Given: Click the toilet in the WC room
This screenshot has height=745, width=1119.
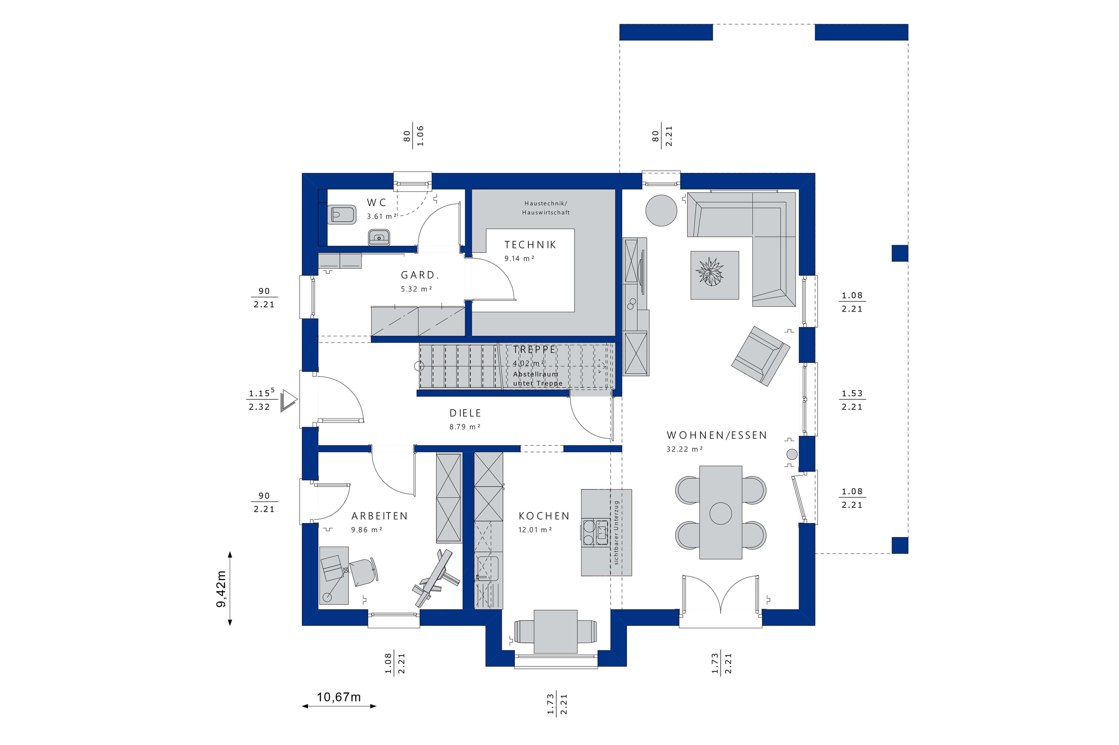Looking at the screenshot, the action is (342, 215).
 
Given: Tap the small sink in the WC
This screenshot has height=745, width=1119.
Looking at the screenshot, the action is (379, 236).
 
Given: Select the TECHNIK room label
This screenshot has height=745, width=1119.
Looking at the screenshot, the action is (530, 245).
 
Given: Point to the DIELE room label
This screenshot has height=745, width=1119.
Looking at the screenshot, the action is (465, 413).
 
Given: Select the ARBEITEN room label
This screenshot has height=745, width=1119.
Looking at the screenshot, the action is (379, 516).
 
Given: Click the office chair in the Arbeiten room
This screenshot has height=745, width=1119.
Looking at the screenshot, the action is (365, 571).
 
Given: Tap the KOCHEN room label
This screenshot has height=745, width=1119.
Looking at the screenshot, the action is (543, 516).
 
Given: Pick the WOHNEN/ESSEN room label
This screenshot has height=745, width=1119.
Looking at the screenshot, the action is (717, 435).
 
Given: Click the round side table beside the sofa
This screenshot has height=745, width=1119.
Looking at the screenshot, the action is (661, 211).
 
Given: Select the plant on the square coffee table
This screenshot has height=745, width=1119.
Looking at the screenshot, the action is (710, 272).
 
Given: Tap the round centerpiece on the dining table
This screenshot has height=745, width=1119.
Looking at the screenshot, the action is (720, 513).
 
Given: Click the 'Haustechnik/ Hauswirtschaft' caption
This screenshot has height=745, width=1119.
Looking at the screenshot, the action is (546, 208).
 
